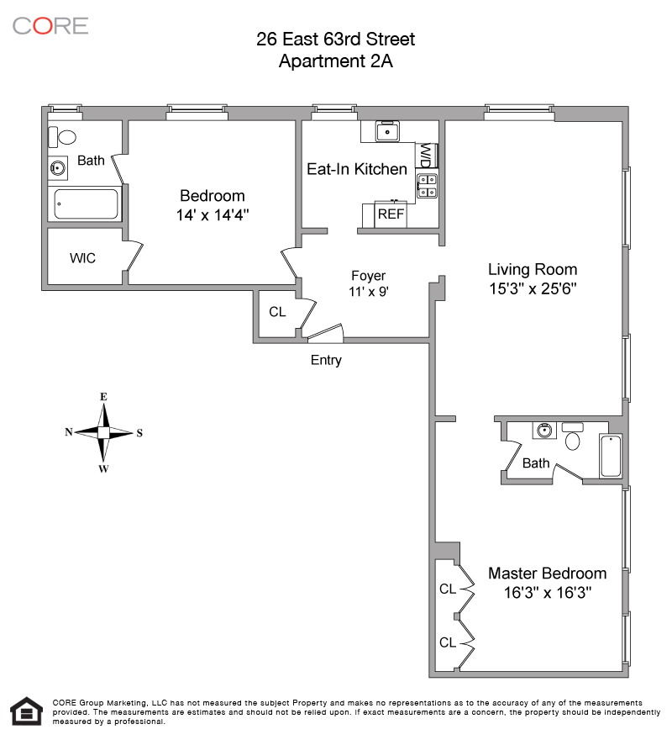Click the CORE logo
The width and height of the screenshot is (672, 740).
[50, 25]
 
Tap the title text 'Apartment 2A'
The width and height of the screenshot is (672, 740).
[335, 61]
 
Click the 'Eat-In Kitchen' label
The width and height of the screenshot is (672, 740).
[356, 169]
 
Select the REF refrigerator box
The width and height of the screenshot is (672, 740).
[391, 214]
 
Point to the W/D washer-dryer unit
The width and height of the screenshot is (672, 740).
[426, 156]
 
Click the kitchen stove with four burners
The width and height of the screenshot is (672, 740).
[427, 186]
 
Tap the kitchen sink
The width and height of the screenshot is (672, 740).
[387, 131]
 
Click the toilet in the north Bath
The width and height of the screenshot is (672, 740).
[62, 136]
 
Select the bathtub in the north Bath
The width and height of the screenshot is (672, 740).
[86, 204]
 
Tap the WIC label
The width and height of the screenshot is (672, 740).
[82, 258]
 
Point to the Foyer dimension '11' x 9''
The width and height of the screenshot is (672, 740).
[368, 293]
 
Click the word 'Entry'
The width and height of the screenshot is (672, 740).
[326, 360]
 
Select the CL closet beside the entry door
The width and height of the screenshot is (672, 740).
[277, 311]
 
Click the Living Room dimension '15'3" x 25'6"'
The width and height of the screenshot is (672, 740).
[533, 288]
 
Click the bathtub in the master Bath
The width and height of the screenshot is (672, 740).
[611, 457]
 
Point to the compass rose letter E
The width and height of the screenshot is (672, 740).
[103, 396]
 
